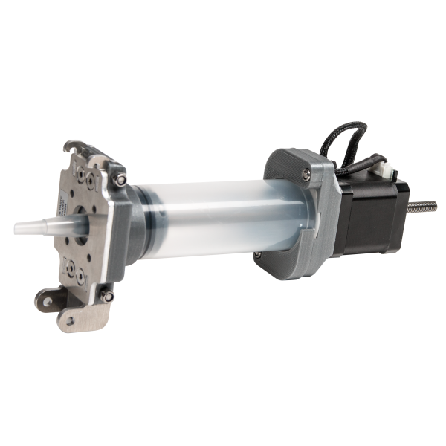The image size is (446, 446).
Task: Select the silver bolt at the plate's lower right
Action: click(x=109, y=296)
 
